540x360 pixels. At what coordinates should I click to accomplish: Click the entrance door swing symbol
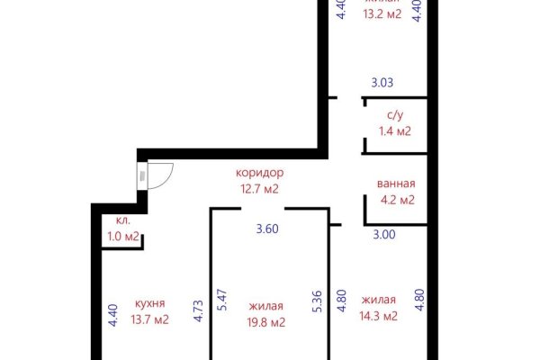(158, 175)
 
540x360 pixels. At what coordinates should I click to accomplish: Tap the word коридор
(260, 173)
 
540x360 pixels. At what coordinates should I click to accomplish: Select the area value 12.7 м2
(260, 189)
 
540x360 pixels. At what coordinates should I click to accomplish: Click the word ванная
(396, 184)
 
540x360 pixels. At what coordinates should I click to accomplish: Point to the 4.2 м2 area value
(396, 201)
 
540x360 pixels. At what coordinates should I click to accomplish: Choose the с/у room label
(395, 115)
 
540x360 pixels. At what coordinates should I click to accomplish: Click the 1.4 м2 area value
(395, 131)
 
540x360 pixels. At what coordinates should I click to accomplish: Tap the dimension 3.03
(382, 84)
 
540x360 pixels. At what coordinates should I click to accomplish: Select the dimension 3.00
(383, 234)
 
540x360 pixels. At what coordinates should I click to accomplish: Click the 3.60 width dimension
(267, 229)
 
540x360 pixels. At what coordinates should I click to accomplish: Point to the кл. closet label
(122, 221)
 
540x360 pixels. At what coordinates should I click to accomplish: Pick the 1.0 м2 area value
(123, 237)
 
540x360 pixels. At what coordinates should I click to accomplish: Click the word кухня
(149, 303)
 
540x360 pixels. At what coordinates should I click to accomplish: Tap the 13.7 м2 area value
(149, 319)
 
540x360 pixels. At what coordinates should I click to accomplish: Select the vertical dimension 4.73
(198, 310)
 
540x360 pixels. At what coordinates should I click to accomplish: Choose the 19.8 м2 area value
(267, 322)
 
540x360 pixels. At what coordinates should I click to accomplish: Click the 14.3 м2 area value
(379, 316)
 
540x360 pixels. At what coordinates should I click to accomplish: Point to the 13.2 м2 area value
(382, 14)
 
